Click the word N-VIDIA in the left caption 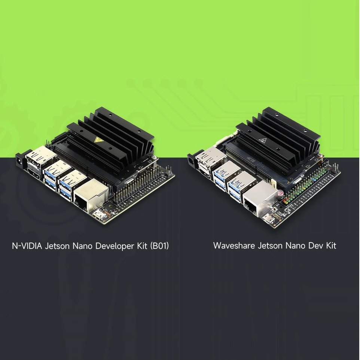(x=27, y=246)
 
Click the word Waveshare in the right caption (x=234, y=245)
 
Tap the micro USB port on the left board (x=100, y=215)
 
